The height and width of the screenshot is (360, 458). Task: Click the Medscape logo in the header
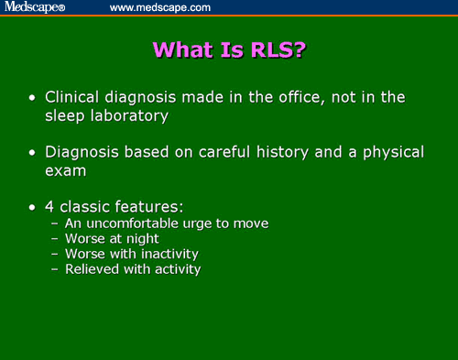click(x=33, y=7)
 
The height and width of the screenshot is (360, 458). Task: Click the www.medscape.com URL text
click(x=160, y=7)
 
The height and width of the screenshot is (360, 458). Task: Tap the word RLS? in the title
click(x=274, y=49)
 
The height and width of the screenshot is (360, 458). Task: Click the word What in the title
click(x=181, y=49)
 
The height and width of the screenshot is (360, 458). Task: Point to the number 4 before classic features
click(x=51, y=207)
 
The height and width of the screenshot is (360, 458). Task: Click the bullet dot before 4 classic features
click(x=34, y=208)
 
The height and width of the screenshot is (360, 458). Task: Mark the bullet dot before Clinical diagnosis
click(x=34, y=97)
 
